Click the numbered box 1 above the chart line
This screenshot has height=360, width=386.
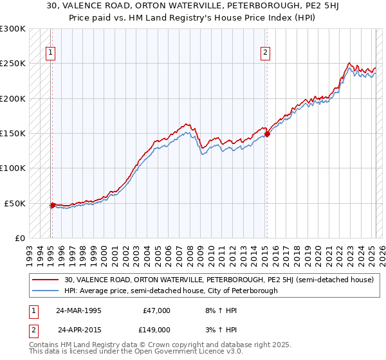51,54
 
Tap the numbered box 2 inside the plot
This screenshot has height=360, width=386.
265,54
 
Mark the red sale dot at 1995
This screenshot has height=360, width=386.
52,205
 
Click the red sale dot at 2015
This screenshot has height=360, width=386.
267,134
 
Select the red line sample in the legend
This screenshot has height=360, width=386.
46,280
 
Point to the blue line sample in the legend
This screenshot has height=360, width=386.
46,291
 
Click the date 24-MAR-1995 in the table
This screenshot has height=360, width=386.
78,310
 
